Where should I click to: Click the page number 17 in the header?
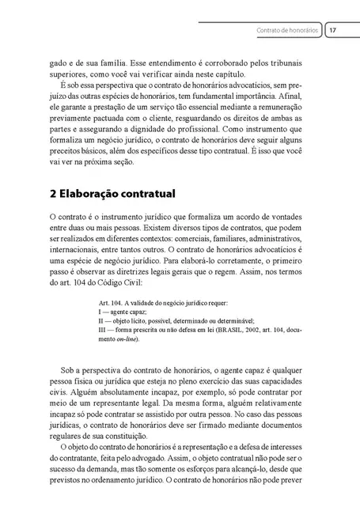(334, 31)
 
